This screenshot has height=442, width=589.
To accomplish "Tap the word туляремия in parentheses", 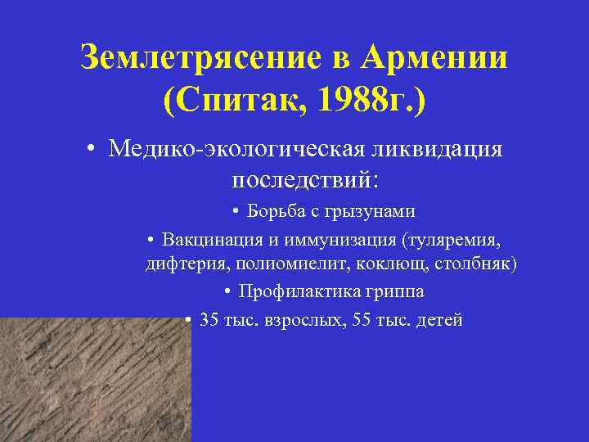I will click(453, 240).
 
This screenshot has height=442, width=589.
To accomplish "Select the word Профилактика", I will click(294, 292).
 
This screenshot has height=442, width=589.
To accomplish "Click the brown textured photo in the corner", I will click(94, 380).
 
